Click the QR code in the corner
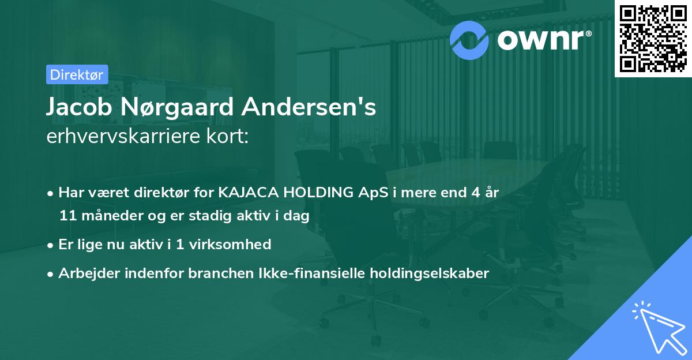click(x=653, y=38)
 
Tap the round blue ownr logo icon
click(x=470, y=39)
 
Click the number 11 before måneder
click(x=67, y=216)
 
